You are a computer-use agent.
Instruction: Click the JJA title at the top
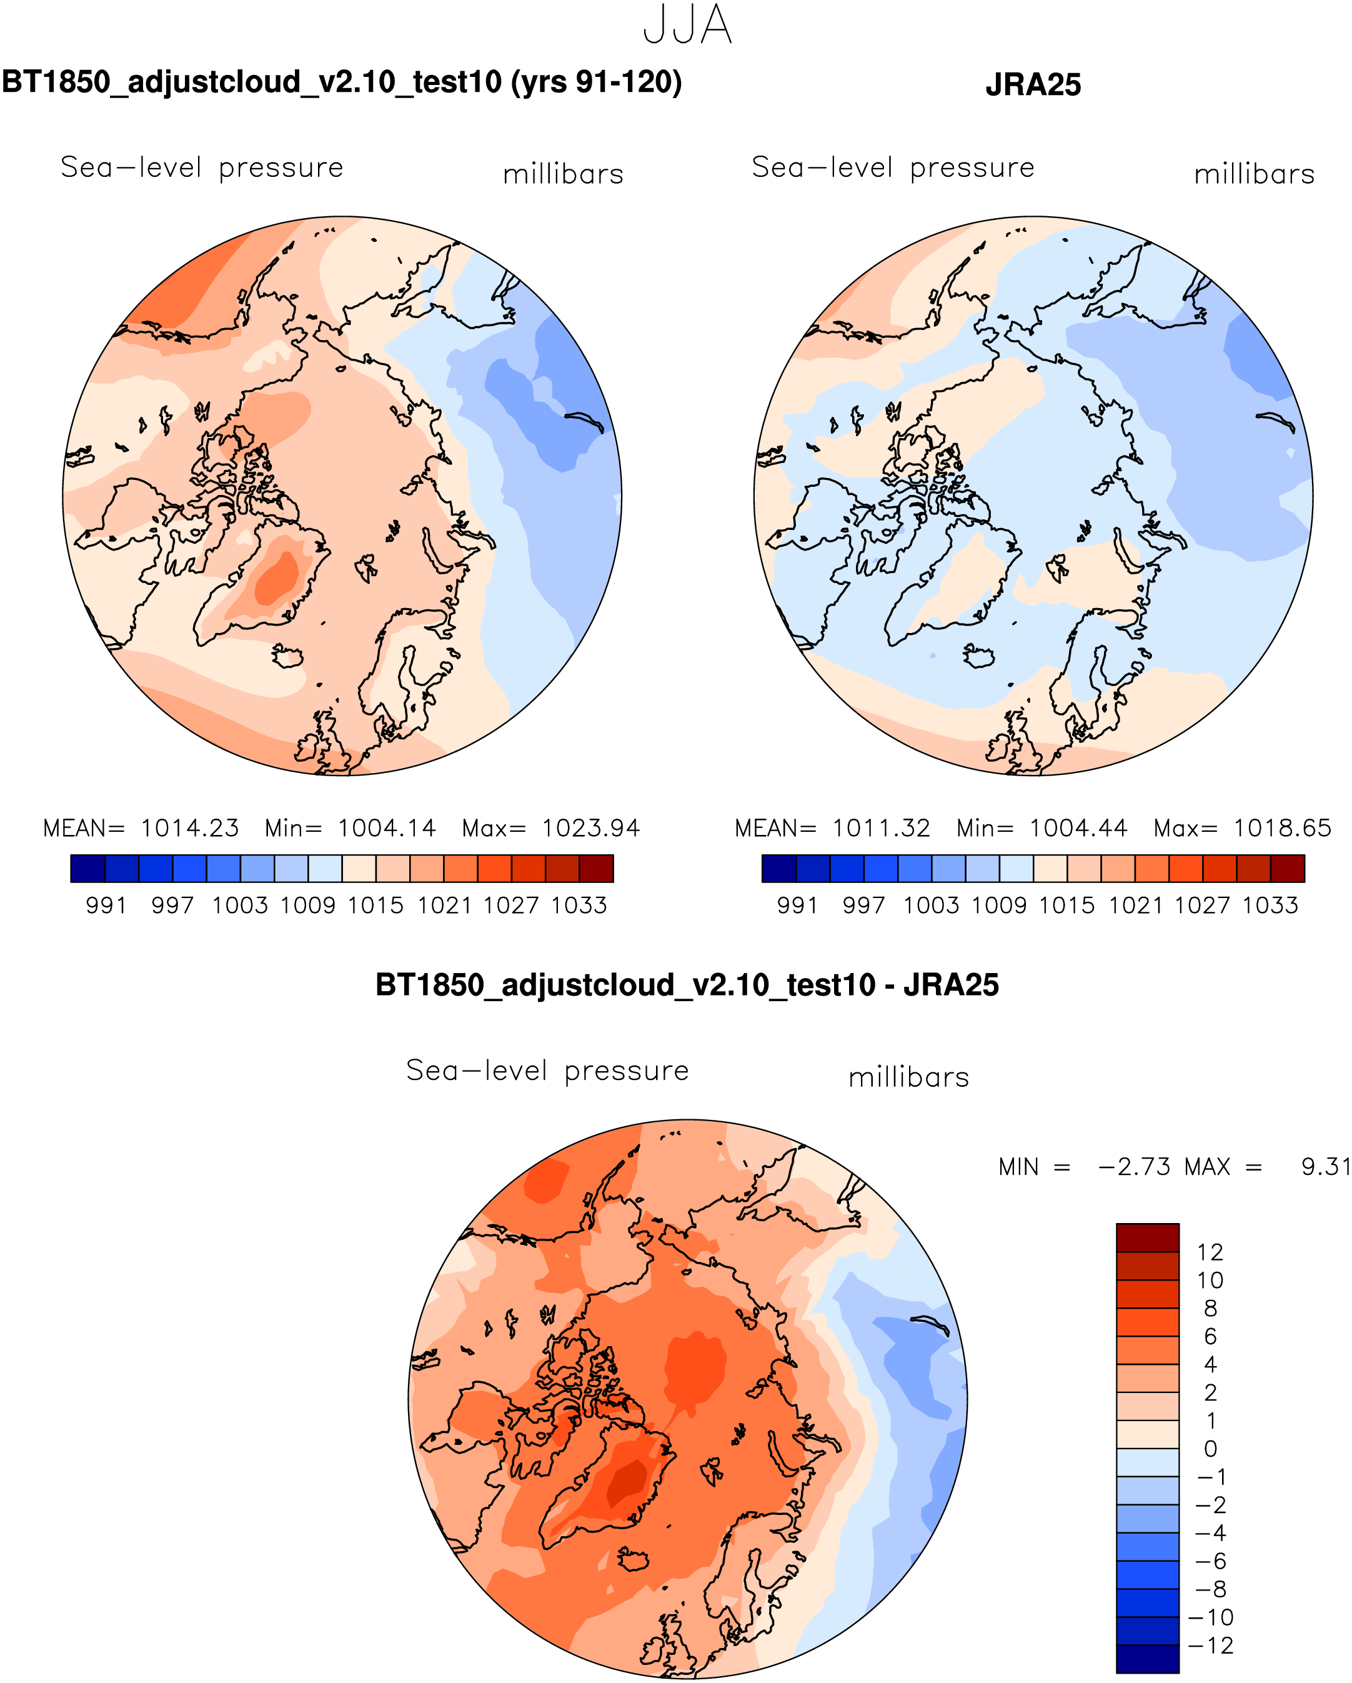tap(687, 26)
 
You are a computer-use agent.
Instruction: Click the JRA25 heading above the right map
tap(1033, 85)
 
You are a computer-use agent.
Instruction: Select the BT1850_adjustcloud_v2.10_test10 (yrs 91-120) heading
tap(342, 82)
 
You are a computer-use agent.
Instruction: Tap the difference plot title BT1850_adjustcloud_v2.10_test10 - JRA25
tap(687, 985)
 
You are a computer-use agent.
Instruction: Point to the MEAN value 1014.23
tap(190, 828)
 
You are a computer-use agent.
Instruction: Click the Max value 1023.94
tap(591, 828)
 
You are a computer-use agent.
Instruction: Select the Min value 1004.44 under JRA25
tap(1078, 828)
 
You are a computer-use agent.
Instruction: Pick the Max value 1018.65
tap(1282, 828)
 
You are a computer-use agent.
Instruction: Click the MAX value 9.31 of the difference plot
tap(1325, 1167)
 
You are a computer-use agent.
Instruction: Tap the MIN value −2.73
tap(1134, 1167)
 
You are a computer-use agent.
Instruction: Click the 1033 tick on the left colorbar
tap(579, 906)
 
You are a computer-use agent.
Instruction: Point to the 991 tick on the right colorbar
tap(797, 906)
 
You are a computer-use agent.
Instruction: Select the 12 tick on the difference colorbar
tap(1210, 1253)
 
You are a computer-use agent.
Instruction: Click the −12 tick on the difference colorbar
tap(1210, 1646)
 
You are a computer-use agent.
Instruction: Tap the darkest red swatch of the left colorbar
tap(597, 869)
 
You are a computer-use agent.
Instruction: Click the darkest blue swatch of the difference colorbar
tap(1148, 1659)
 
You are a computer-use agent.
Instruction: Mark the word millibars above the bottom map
tap(908, 1078)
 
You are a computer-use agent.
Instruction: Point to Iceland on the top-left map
tap(288, 656)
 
